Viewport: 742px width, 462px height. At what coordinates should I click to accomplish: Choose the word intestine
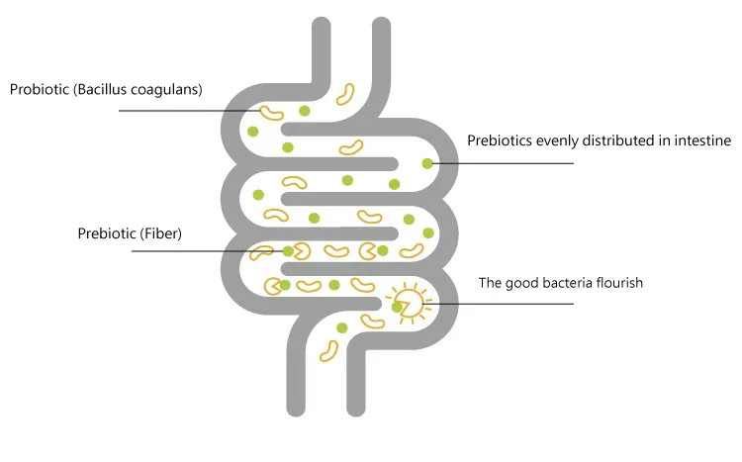(x=700, y=140)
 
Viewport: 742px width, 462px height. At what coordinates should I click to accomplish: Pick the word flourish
(x=617, y=282)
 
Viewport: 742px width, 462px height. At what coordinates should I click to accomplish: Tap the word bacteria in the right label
(x=560, y=282)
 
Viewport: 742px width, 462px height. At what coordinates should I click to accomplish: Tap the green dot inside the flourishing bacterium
(x=398, y=308)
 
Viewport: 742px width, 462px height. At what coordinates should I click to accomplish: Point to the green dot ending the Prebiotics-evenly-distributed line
(x=427, y=163)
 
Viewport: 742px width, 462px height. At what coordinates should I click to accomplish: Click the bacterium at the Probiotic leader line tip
(x=271, y=112)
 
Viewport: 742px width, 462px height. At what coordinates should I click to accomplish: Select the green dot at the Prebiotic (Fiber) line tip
(x=288, y=251)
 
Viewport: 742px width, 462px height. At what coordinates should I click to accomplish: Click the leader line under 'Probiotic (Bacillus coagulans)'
(x=188, y=111)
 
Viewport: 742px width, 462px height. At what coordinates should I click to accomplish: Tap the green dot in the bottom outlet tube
(x=342, y=327)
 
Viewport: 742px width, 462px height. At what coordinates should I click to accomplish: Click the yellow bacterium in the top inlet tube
(x=346, y=95)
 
